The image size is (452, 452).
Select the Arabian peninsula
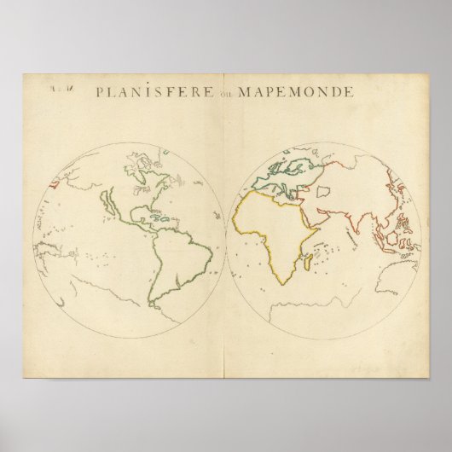point(316,213)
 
